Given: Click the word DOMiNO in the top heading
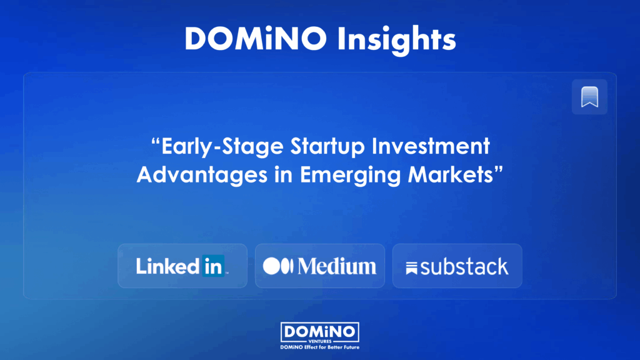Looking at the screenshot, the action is point(256,39).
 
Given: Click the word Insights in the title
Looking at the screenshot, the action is point(396,40).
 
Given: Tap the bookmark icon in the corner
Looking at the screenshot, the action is point(589,97).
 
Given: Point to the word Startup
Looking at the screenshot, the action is point(327,147).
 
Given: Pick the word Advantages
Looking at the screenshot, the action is point(202,175).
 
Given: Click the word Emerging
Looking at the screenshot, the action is point(350,176).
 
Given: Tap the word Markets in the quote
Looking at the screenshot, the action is point(451,174).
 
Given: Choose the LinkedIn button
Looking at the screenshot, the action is point(182,266).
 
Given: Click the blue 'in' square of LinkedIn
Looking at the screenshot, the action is point(213,266).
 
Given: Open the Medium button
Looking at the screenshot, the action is point(320,266).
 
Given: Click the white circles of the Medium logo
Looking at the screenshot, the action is point(278,266).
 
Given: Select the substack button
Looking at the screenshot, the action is point(457,266).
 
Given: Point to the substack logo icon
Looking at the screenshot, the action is point(411,268).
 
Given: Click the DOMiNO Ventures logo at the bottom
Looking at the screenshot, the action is point(320,332).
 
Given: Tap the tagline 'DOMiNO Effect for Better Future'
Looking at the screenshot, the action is point(320,347).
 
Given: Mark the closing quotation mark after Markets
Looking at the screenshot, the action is point(498,170).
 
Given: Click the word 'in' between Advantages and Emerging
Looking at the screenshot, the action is point(284,175).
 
